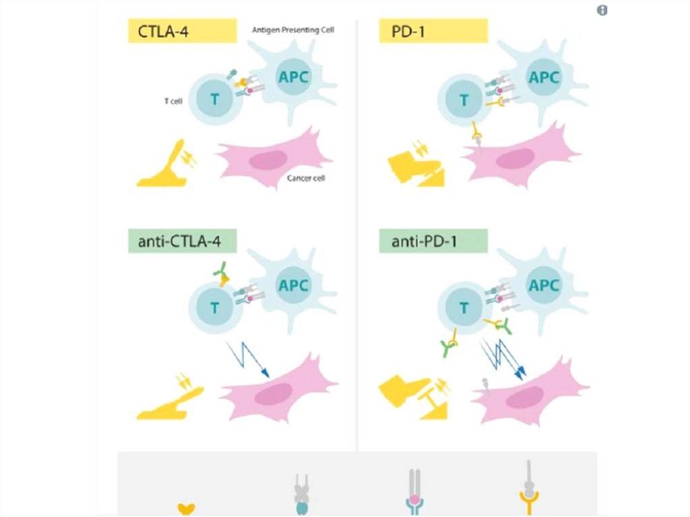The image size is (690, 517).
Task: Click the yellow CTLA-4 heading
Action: (183, 32)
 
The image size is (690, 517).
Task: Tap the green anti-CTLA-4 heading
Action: (183, 241)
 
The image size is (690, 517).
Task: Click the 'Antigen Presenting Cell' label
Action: (293, 30)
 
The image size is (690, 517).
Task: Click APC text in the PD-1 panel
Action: (543, 78)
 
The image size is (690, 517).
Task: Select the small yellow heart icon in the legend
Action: (185, 508)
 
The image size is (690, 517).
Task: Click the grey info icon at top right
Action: (602, 10)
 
